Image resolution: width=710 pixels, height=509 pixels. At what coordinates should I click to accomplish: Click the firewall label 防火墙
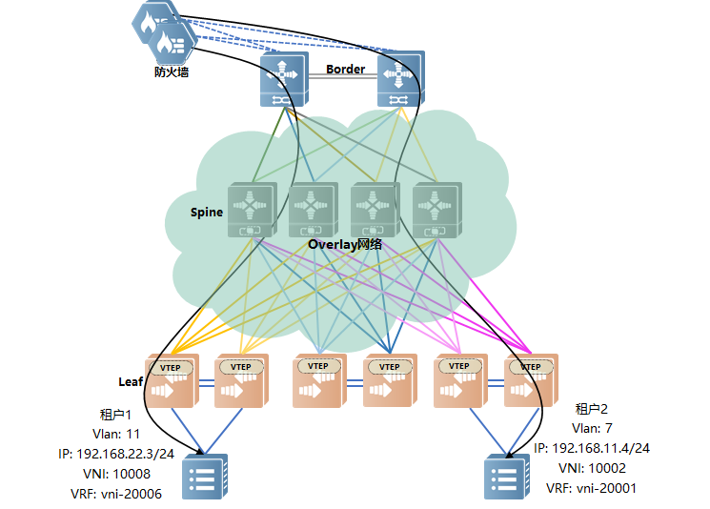click(171, 71)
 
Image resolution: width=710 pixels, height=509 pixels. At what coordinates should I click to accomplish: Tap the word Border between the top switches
click(345, 70)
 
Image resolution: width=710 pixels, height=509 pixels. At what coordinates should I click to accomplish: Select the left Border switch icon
click(283, 80)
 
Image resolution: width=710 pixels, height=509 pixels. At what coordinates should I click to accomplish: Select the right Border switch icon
click(400, 80)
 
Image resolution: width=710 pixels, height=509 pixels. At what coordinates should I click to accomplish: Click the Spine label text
click(207, 212)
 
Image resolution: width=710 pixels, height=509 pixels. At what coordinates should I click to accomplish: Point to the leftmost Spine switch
click(252, 210)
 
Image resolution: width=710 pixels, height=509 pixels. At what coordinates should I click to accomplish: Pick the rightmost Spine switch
click(437, 210)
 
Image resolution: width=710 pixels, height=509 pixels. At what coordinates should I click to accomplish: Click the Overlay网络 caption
click(344, 244)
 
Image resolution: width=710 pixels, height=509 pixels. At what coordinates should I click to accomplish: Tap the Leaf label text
click(131, 381)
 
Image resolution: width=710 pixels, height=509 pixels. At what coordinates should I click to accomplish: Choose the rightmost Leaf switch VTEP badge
click(531, 367)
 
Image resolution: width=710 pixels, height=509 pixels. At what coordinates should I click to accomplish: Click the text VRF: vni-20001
click(591, 487)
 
